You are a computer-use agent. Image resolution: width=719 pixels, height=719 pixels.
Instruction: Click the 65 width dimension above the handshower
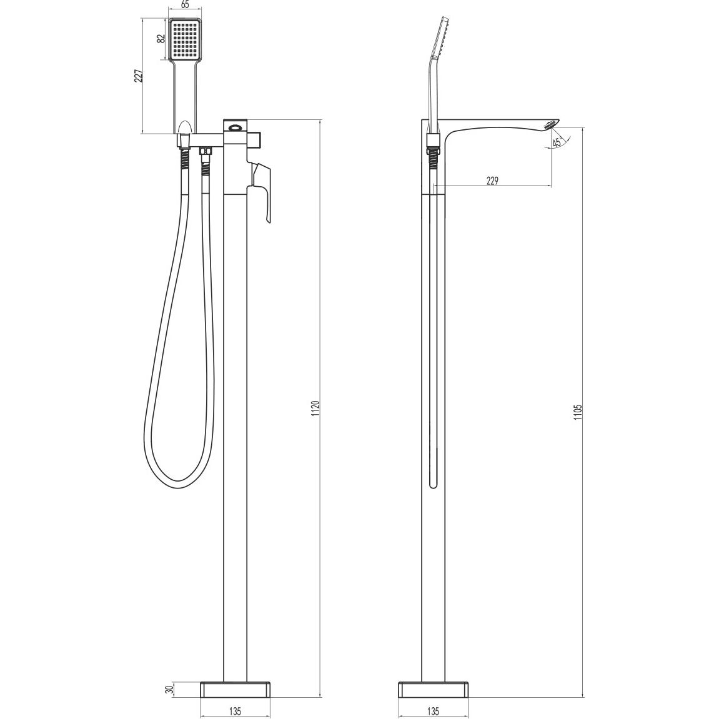click(x=185, y=5)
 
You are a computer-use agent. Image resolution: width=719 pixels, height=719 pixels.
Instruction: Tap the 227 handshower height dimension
click(x=139, y=76)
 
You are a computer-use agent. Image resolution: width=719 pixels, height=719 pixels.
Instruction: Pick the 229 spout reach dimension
click(x=492, y=181)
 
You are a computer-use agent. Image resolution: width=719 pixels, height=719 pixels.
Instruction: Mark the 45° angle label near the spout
click(x=557, y=141)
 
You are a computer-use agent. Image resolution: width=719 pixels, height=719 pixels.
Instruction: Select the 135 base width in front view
click(x=236, y=711)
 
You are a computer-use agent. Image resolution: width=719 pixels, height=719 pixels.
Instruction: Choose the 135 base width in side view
click(x=434, y=711)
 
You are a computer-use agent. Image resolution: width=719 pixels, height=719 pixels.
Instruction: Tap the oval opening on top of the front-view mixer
click(x=236, y=129)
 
